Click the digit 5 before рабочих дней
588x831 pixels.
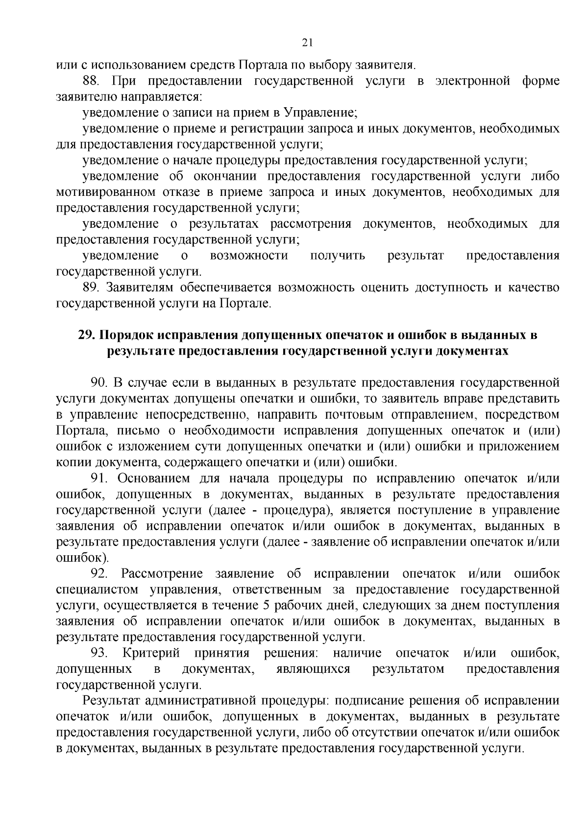click(266, 606)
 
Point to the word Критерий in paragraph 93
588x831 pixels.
click(152, 653)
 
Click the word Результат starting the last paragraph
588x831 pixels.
click(110, 701)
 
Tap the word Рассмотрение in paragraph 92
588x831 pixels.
click(162, 574)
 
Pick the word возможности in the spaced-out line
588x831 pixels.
click(249, 256)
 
